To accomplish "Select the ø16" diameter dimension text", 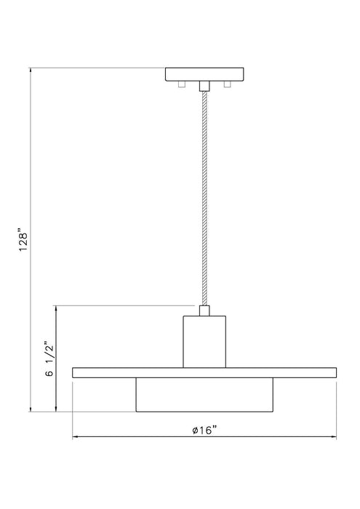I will [205, 430].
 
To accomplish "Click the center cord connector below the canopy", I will [205, 86].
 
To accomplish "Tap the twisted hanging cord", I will [205, 196].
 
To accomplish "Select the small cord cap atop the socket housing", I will [205, 311].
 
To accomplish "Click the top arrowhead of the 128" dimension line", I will [31, 71].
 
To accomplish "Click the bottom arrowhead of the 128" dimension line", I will [31, 409].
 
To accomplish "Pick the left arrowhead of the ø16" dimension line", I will [76, 438].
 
